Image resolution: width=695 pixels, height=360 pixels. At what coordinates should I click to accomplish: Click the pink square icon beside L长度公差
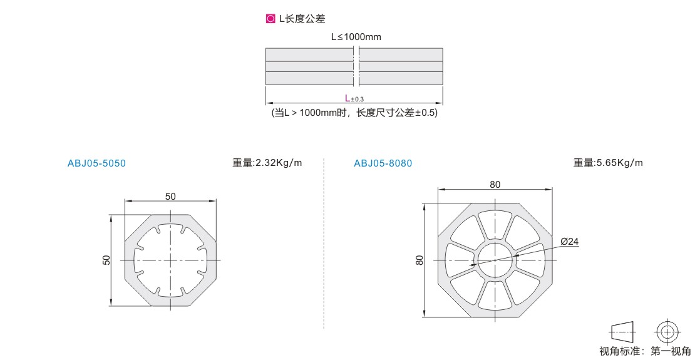pos(270,19)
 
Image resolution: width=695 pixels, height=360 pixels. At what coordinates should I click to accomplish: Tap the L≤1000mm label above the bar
pos(356,37)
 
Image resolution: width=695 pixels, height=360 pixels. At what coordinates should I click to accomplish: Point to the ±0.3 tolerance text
pos(358,99)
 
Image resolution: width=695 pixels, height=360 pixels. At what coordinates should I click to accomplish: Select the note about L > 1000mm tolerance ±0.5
pos(354,113)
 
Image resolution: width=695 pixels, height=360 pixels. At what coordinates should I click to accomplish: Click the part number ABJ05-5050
pos(96,163)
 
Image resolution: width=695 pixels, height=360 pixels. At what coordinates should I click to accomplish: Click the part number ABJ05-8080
pos(383,163)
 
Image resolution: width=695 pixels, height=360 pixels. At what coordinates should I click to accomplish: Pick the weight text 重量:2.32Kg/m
pos(267,163)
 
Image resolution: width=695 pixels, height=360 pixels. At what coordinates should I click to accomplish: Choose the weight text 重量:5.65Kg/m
pos(608,163)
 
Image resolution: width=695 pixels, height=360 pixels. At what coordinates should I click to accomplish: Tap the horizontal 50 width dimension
pos(170,197)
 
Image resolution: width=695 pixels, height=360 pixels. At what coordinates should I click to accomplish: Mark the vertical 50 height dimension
pos(106,260)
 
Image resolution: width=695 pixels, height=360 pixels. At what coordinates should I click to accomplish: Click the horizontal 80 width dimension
pos(495,185)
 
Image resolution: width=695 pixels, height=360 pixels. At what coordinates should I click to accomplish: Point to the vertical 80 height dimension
pos(420,260)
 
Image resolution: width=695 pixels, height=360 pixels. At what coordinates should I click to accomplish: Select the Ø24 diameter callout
pos(570,242)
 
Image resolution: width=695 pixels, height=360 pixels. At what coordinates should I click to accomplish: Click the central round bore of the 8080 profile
pos(495,260)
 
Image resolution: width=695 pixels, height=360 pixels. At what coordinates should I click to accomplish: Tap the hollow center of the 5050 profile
pos(171,260)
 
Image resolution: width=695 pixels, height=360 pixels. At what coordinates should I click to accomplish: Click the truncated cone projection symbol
pos(623,332)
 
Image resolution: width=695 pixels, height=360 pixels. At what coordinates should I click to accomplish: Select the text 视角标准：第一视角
pos(646,352)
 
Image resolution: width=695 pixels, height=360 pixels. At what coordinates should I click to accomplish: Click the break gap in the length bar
pos(356,66)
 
